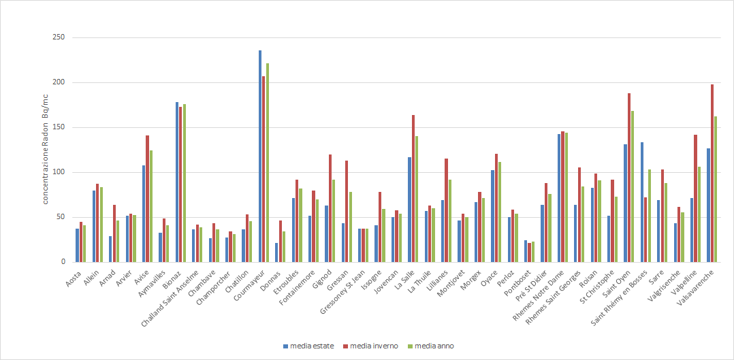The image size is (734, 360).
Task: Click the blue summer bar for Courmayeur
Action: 260,157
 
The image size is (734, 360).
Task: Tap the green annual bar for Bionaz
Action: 184,183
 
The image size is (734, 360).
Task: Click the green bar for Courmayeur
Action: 268,163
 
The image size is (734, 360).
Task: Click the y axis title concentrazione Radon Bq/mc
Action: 46,150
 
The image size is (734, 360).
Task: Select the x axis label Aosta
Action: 73,278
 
